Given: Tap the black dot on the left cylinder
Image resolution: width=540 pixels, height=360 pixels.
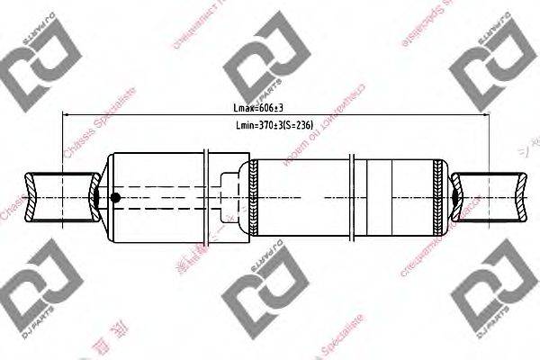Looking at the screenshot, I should (114, 199).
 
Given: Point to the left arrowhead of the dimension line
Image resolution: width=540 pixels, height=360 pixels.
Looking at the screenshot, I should (65, 116).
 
